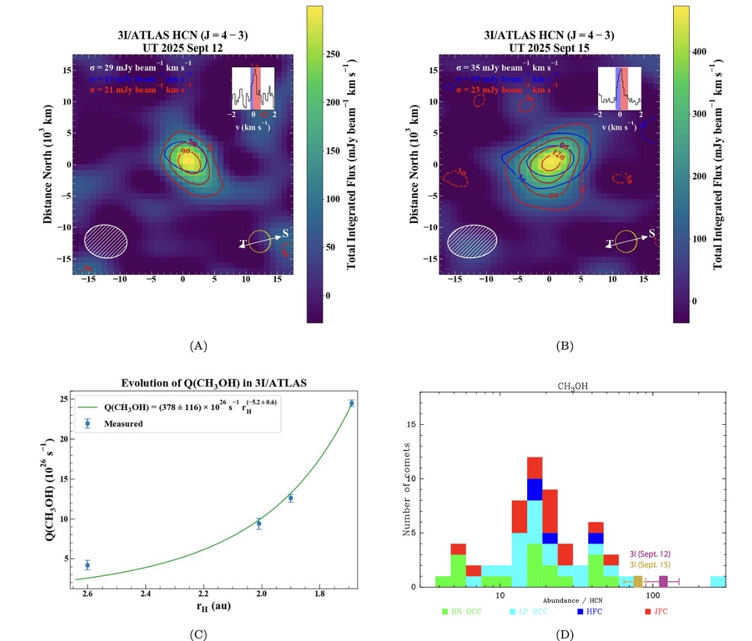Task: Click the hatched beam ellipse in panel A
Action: click(106, 241)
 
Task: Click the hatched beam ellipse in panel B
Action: click(472, 241)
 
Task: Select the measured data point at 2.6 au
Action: click(87, 565)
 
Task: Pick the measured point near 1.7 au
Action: click(352, 403)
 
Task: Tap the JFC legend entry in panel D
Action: click(656, 611)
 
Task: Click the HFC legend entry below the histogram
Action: click(589, 611)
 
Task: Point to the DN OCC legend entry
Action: click(461, 611)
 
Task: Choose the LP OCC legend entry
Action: click(528, 611)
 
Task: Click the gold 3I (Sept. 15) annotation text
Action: click(650, 565)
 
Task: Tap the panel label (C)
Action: click(198, 635)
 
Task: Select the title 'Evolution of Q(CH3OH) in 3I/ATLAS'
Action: click(214, 383)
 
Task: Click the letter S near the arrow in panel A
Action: click(285, 233)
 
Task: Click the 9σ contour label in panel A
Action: click(186, 151)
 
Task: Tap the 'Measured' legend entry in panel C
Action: click(123, 424)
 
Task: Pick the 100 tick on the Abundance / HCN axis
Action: click(653, 595)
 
